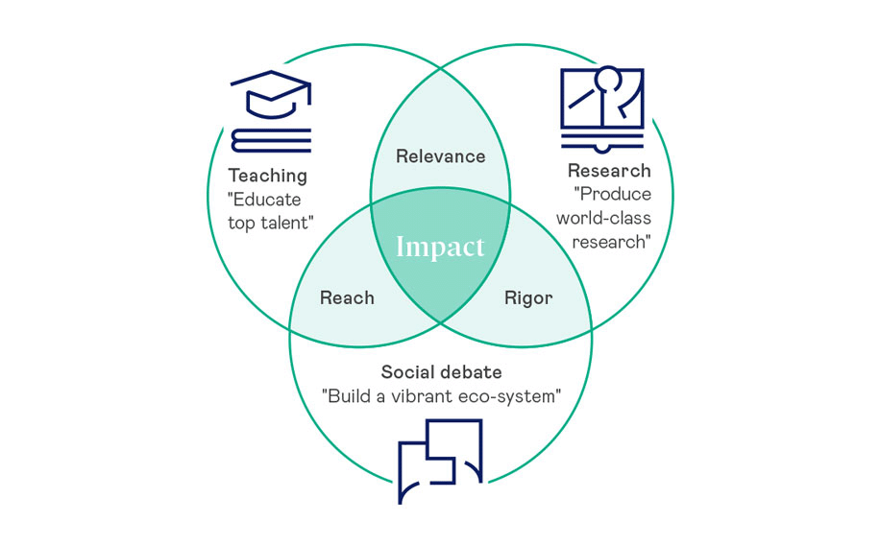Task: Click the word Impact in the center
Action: tap(441, 247)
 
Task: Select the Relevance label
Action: tap(441, 156)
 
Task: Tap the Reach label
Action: tap(347, 297)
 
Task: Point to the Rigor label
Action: tap(528, 297)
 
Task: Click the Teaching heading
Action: tap(267, 176)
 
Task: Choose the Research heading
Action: tap(609, 171)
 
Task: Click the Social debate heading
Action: tap(441, 372)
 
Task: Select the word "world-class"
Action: tap(603, 218)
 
